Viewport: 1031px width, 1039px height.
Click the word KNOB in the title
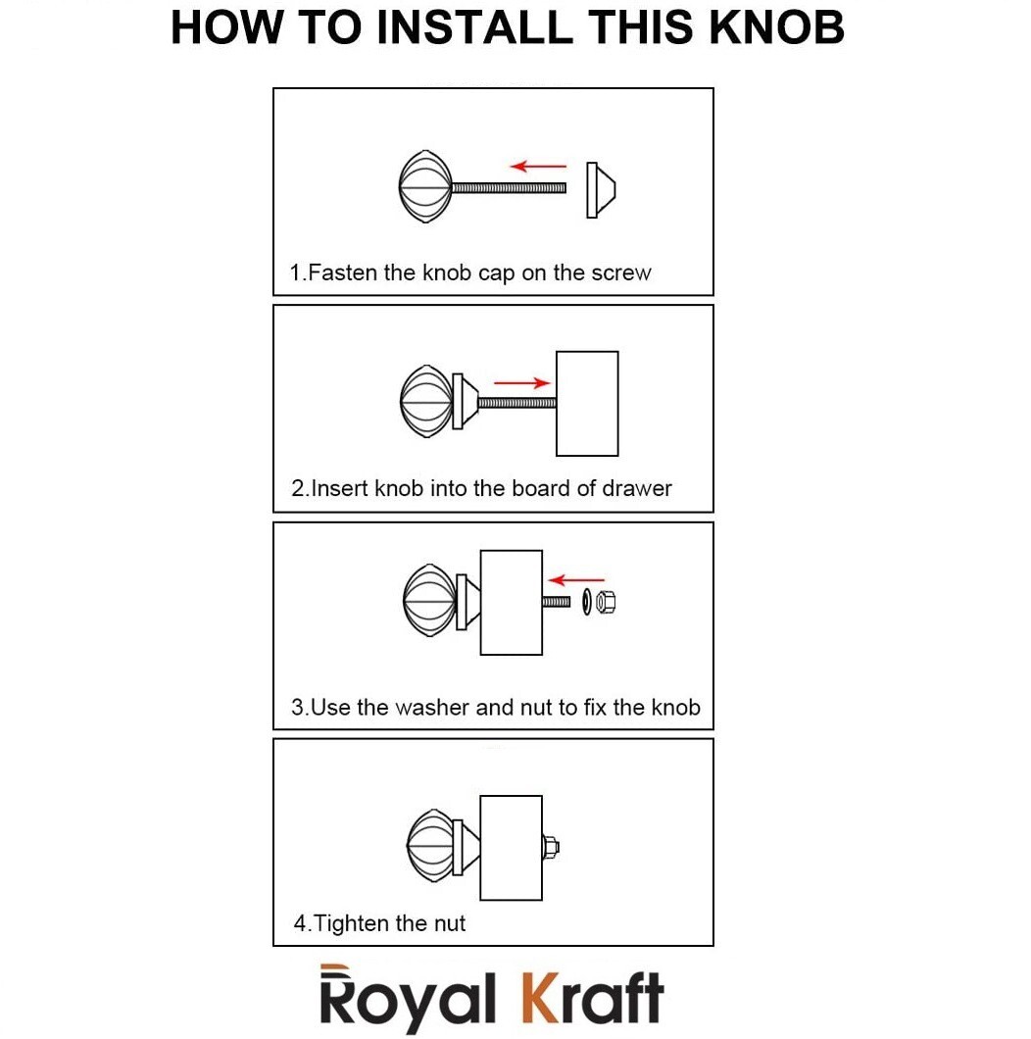776,27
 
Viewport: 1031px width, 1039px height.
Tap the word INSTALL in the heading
473,27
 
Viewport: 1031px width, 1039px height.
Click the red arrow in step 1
538,166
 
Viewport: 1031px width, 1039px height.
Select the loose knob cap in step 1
601,189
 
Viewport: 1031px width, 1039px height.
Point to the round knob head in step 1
425,187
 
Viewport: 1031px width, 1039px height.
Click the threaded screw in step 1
509,188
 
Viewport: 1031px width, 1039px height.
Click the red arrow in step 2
522,382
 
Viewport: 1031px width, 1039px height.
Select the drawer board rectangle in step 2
587,404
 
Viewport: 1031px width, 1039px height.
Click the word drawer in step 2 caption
637,488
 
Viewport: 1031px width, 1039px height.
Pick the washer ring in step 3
587,602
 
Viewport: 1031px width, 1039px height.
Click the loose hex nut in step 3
606,602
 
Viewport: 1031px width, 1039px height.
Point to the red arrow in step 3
576,580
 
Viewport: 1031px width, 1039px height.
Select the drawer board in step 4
511,848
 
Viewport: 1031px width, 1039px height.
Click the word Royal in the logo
407,997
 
